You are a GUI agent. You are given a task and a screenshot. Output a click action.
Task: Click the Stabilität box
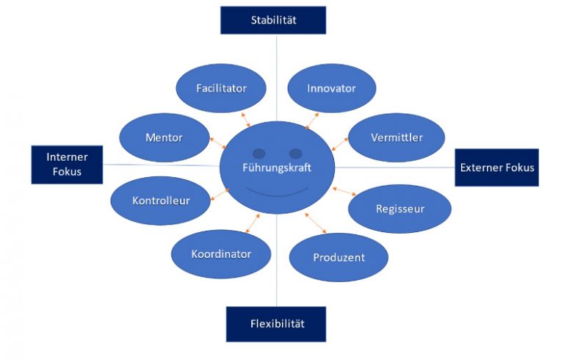point(273,20)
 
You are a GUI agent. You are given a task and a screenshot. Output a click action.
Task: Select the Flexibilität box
point(275,323)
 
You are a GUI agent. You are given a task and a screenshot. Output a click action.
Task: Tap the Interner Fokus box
point(67,165)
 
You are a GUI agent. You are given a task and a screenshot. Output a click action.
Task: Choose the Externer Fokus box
point(496,168)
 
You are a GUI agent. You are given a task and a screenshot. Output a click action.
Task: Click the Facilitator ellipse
point(221,88)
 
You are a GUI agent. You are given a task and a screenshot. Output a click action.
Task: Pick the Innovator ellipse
point(331,88)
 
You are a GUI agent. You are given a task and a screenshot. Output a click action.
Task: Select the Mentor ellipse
point(164,137)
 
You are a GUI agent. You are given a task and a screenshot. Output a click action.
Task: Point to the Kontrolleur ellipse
point(161,200)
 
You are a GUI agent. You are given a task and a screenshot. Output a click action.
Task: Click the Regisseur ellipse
point(399,209)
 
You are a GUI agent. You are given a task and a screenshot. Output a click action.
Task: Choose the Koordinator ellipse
point(221,254)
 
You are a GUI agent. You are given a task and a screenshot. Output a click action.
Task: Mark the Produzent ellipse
point(339,258)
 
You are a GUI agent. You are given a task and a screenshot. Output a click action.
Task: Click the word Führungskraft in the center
point(277,168)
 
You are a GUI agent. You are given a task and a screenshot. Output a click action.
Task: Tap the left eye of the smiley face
point(258,154)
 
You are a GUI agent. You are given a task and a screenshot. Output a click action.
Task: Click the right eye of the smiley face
point(295,154)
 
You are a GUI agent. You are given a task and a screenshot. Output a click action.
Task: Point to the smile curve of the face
point(277,192)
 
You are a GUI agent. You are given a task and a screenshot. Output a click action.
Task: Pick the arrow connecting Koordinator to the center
point(250,223)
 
